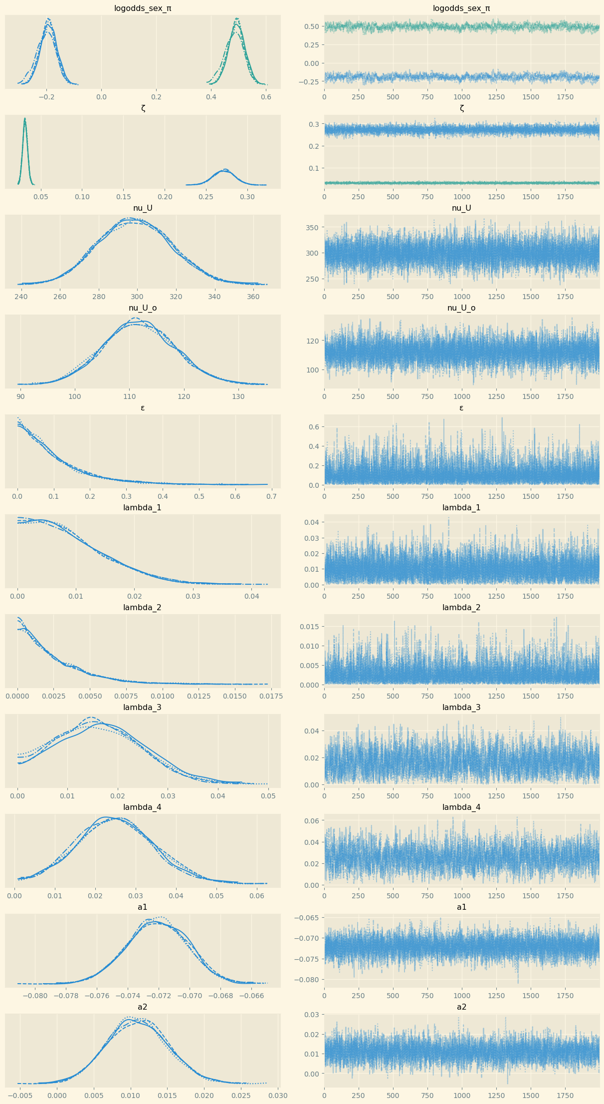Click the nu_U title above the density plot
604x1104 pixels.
click(143, 208)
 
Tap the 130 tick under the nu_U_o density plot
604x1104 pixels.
click(238, 396)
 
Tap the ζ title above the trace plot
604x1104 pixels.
click(461, 108)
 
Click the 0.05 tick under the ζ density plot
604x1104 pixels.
click(41, 197)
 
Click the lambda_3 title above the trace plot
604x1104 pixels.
click(461, 707)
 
